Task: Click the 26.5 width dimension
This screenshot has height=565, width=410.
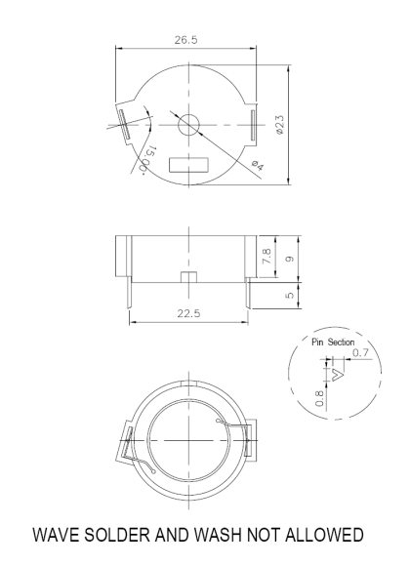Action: tap(186, 41)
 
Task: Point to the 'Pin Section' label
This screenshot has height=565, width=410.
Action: tap(333, 343)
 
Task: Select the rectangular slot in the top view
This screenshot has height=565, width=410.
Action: tap(188, 166)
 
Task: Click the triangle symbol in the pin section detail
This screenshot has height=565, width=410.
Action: tap(339, 373)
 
